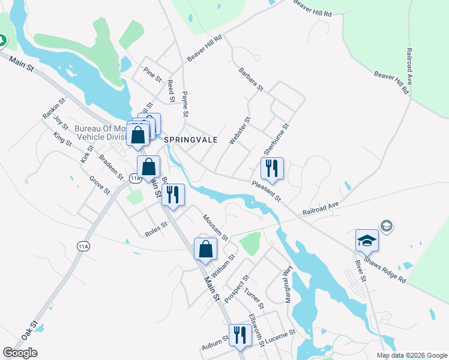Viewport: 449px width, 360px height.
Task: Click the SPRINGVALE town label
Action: [190, 139]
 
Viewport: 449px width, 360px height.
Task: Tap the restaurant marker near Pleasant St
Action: [272, 169]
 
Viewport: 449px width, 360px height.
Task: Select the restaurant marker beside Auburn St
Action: [240, 335]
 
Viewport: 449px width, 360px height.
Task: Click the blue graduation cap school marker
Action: [367, 241]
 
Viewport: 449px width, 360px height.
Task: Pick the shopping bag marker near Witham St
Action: [205, 248]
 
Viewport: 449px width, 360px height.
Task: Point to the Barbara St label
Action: [250, 79]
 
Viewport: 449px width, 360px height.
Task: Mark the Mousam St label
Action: [215, 227]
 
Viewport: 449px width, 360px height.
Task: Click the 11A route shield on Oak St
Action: [83, 245]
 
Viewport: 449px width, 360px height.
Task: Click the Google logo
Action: [20, 353]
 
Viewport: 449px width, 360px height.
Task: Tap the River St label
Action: [360, 271]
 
